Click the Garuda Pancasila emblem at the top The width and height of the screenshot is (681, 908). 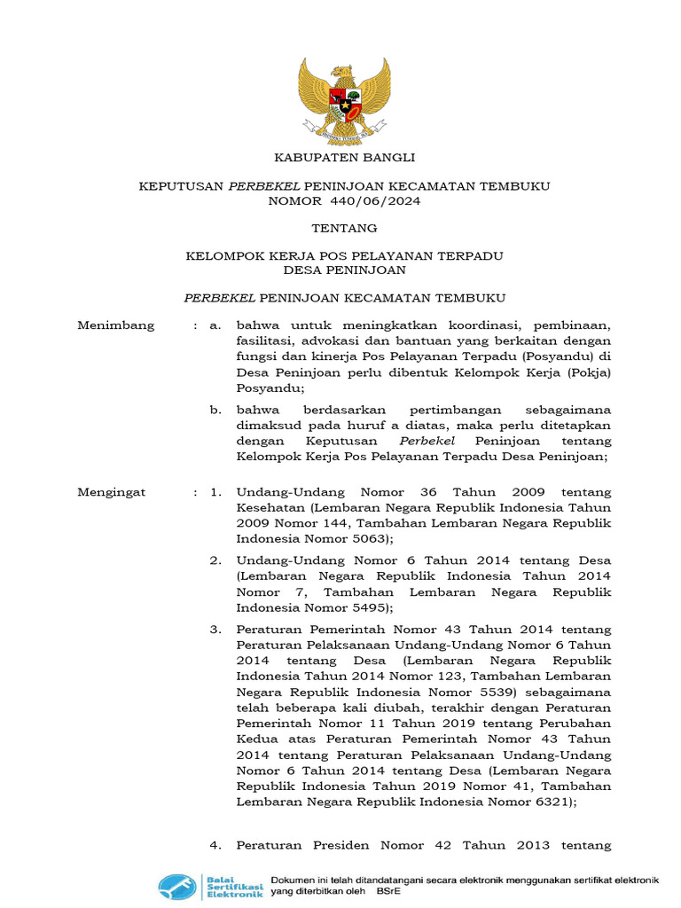coord(343,100)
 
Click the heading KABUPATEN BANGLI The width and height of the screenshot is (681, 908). coord(344,157)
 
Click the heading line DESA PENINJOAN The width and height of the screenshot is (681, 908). coord(344,270)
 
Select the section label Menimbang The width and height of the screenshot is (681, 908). coord(116,325)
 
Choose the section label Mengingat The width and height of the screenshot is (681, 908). coord(112,491)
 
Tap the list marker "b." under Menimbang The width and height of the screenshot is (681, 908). coord(215,410)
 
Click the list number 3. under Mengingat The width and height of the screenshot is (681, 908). coord(215,630)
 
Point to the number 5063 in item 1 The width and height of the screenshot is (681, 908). coord(363,538)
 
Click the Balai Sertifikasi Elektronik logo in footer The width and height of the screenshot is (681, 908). coord(211,886)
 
